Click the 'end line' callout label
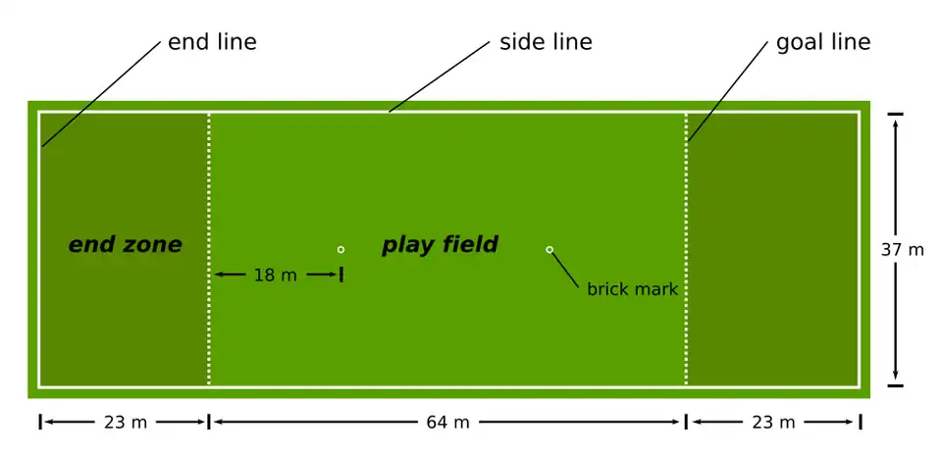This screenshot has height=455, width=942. click(x=212, y=42)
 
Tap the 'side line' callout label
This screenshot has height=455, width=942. click(x=546, y=42)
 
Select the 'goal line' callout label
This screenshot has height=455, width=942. click(x=823, y=42)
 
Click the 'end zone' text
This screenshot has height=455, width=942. click(x=125, y=245)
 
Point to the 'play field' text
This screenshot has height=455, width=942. click(x=440, y=245)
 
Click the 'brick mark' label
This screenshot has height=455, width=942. click(x=632, y=289)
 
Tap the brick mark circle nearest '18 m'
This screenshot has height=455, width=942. click(x=340, y=249)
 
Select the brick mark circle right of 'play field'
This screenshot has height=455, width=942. click(x=549, y=249)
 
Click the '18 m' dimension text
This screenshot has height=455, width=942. click(x=275, y=276)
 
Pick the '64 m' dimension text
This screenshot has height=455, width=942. click(x=447, y=423)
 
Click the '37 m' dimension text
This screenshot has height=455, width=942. click(x=902, y=250)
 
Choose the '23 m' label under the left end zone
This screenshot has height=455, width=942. click(x=125, y=423)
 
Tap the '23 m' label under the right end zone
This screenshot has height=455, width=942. click(x=773, y=423)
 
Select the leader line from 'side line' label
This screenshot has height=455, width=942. click(x=439, y=76)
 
